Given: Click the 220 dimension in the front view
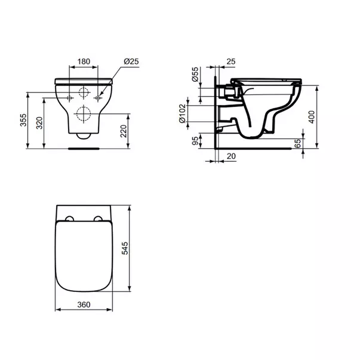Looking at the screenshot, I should tap(124, 131).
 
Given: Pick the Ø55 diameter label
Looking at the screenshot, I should tap(195, 75).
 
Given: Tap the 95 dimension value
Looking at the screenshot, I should tap(195, 141).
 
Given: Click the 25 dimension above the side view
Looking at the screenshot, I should tap(231, 61).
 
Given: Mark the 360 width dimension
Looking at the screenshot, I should tap(84, 304).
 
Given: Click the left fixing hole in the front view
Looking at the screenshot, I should tap(70, 97).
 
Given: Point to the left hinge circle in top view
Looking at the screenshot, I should tap(70, 219).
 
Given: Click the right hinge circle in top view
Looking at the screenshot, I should tap(99, 219).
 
